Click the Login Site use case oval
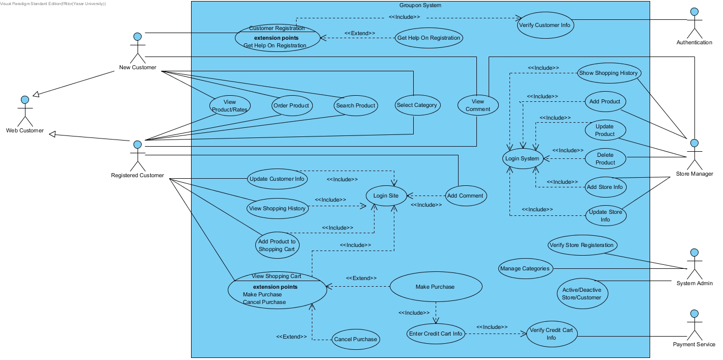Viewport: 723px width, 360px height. click(x=386, y=196)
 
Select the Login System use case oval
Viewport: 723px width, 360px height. click(x=522, y=158)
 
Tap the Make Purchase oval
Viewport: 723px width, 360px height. click(x=436, y=287)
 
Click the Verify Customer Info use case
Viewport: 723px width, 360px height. click(x=546, y=25)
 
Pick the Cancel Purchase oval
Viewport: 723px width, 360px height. click(x=355, y=339)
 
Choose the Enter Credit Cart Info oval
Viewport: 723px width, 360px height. click(x=436, y=334)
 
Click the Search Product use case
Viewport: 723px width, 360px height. click(x=355, y=105)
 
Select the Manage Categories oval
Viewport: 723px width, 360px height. click(x=525, y=268)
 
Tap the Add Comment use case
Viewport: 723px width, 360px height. click(x=465, y=196)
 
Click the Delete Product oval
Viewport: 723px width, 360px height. click(x=605, y=159)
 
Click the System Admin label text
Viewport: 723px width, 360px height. click(x=694, y=283)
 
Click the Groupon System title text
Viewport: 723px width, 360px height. click(x=420, y=6)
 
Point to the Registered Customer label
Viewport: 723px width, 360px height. click(x=138, y=176)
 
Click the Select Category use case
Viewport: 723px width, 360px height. click(x=417, y=105)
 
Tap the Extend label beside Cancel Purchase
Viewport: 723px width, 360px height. click(x=291, y=337)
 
